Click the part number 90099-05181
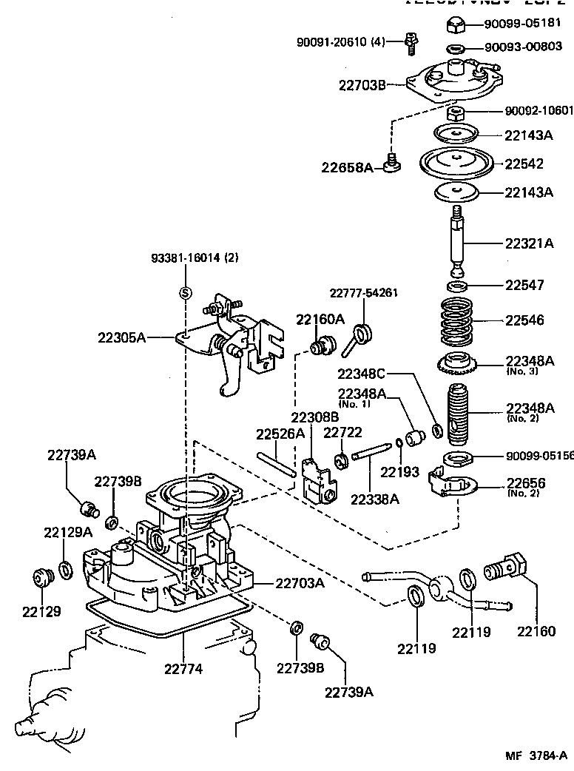click(x=528, y=23)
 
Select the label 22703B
click(x=362, y=85)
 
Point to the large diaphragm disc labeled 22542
click(x=456, y=163)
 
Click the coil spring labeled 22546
click(x=458, y=321)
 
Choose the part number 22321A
click(x=529, y=243)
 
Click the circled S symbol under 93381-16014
click(x=186, y=292)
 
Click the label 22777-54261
click(x=364, y=292)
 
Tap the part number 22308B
click(x=314, y=417)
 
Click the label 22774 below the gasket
click(x=184, y=669)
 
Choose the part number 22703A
click(x=300, y=584)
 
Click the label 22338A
click(x=374, y=499)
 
